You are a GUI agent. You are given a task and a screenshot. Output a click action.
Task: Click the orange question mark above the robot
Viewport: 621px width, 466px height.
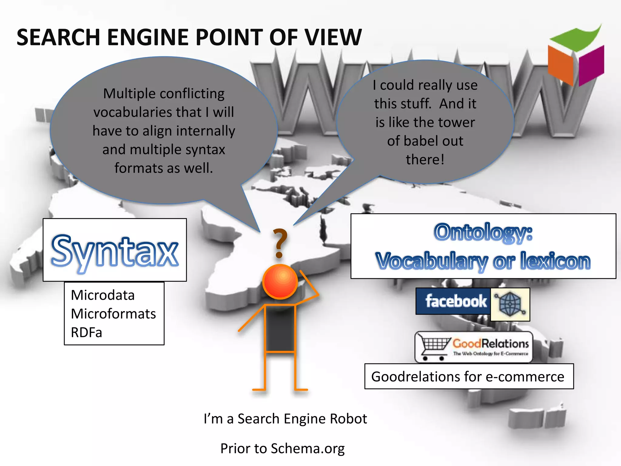pyautogui.click(x=280, y=243)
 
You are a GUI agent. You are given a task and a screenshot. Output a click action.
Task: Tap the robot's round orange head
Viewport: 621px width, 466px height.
pyautogui.click(x=280, y=282)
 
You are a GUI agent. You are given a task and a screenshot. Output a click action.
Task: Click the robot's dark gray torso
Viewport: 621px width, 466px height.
pyautogui.click(x=280, y=328)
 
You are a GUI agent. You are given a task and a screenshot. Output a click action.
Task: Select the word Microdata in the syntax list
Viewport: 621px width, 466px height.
pyautogui.click(x=103, y=295)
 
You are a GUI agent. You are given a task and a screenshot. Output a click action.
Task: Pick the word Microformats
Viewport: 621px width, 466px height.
pyautogui.click(x=113, y=314)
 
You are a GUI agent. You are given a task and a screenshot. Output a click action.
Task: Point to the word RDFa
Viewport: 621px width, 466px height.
pyautogui.click(x=86, y=333)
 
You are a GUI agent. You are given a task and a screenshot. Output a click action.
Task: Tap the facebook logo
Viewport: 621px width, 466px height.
pyautogui.click(x=455, y=301)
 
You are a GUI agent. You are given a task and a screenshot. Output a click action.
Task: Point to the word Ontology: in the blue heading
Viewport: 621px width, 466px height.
pyautogui.click(x=483, y=232)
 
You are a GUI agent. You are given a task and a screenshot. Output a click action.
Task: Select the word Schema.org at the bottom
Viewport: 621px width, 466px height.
pyautogui.click(x=307, y=448)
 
